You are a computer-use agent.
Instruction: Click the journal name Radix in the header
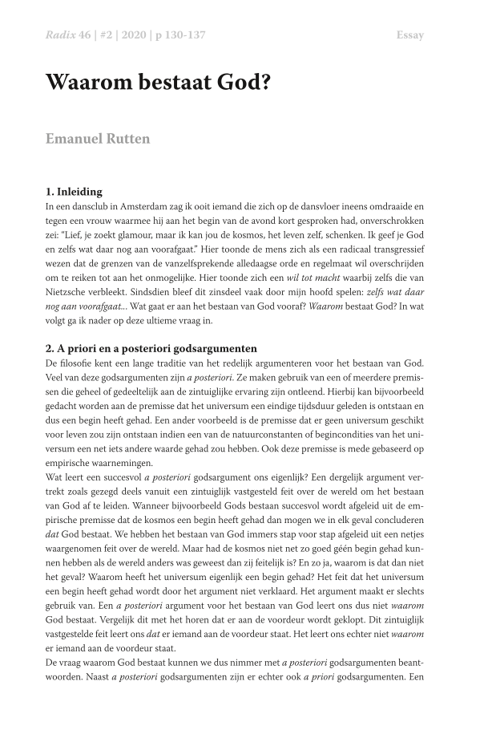click(x=61, y=35)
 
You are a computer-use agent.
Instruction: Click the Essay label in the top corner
click(x=409, y=35)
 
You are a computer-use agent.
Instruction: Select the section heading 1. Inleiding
click(x=75, y=192)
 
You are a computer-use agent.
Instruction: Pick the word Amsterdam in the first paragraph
click(x=151, y=206)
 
